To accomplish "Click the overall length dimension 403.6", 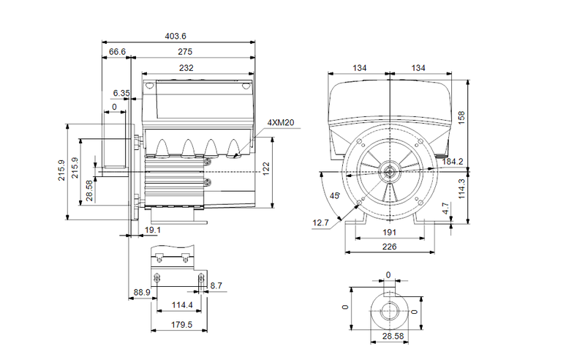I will (x=176, y=36).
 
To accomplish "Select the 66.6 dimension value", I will (x=117, y=52).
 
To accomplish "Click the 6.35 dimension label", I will (x=121, y=93).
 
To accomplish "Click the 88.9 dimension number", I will (x=142, y=292).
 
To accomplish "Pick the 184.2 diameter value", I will (x=453, y=161).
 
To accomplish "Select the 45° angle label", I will (x=336, y=196).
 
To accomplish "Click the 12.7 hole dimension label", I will (x=321, y=222).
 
